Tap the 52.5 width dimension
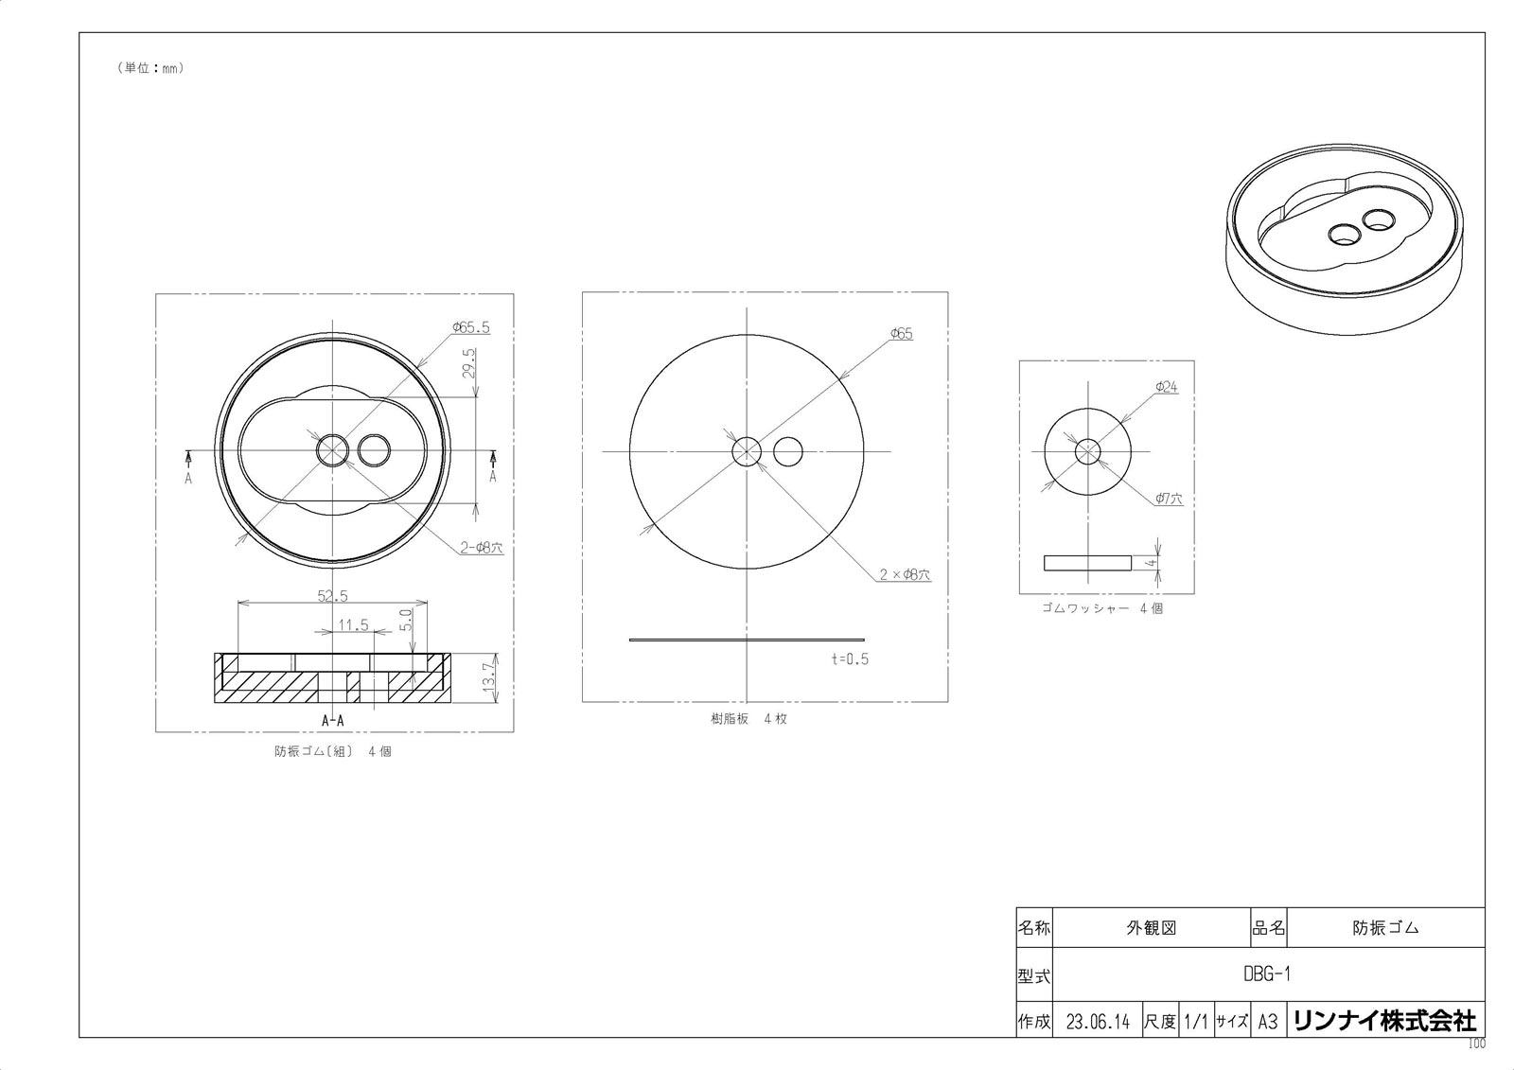tap(332, 595)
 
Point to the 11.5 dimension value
tap(353, 624)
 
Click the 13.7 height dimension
tap(489, 677)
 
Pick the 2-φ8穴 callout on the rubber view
tap(482, 547)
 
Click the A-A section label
tap(333, 720)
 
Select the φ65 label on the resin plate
tap(901, 334)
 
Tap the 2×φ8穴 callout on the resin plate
tap(905, 574)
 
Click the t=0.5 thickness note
tap(850, 658)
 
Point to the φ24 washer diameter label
tap(1166, 387)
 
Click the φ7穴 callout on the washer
tap(1169, 499)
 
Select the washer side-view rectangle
tap(1087, 563)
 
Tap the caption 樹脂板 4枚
tap(748, 718)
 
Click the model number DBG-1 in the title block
tap(1267, 974)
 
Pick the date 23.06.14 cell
tap(1098, 1022)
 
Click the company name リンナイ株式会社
tap(1383, 1021)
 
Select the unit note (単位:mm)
tap(150, 68)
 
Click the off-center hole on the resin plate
tap(788, 451)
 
